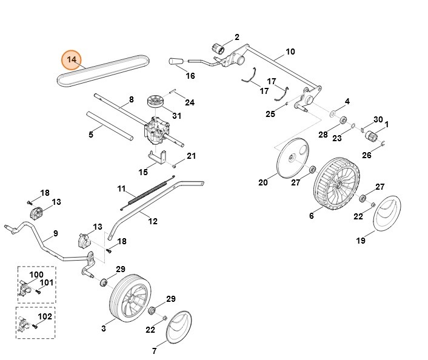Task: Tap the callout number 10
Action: pos(290,52)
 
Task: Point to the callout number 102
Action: pos(44,316)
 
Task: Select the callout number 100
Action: pos(36,275)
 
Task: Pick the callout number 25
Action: pos(270,113)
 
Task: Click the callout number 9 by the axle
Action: pos(55,233)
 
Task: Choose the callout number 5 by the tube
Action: pos(91,135)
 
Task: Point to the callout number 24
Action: pos(190,102)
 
